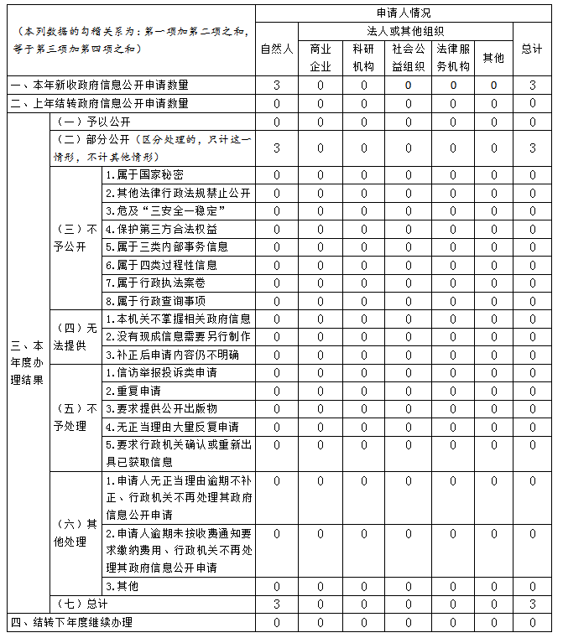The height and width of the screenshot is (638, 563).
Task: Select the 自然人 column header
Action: [x=276, y=49]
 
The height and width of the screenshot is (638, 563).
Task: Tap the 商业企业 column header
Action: [x=321, y=57]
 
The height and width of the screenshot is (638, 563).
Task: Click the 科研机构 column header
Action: [x=364, y=57]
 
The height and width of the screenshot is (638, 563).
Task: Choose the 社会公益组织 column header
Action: [x=409, y=57]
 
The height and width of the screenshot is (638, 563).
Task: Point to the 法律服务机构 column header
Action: [x=453, y=57]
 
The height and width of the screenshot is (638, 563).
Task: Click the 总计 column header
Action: [x=532, y=49]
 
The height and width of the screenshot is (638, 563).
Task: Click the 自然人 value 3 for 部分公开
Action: [x=276, y=148]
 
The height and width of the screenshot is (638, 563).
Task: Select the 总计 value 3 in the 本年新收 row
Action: [x=532, y=86]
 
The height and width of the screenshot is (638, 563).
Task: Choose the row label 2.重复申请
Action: [x=133, y=391]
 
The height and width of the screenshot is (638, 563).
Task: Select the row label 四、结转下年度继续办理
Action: [x=71, y=622]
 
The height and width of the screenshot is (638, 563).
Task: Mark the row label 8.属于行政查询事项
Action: [x=156, y=300]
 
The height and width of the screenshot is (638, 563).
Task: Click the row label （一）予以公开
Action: [x=92, y=122]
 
